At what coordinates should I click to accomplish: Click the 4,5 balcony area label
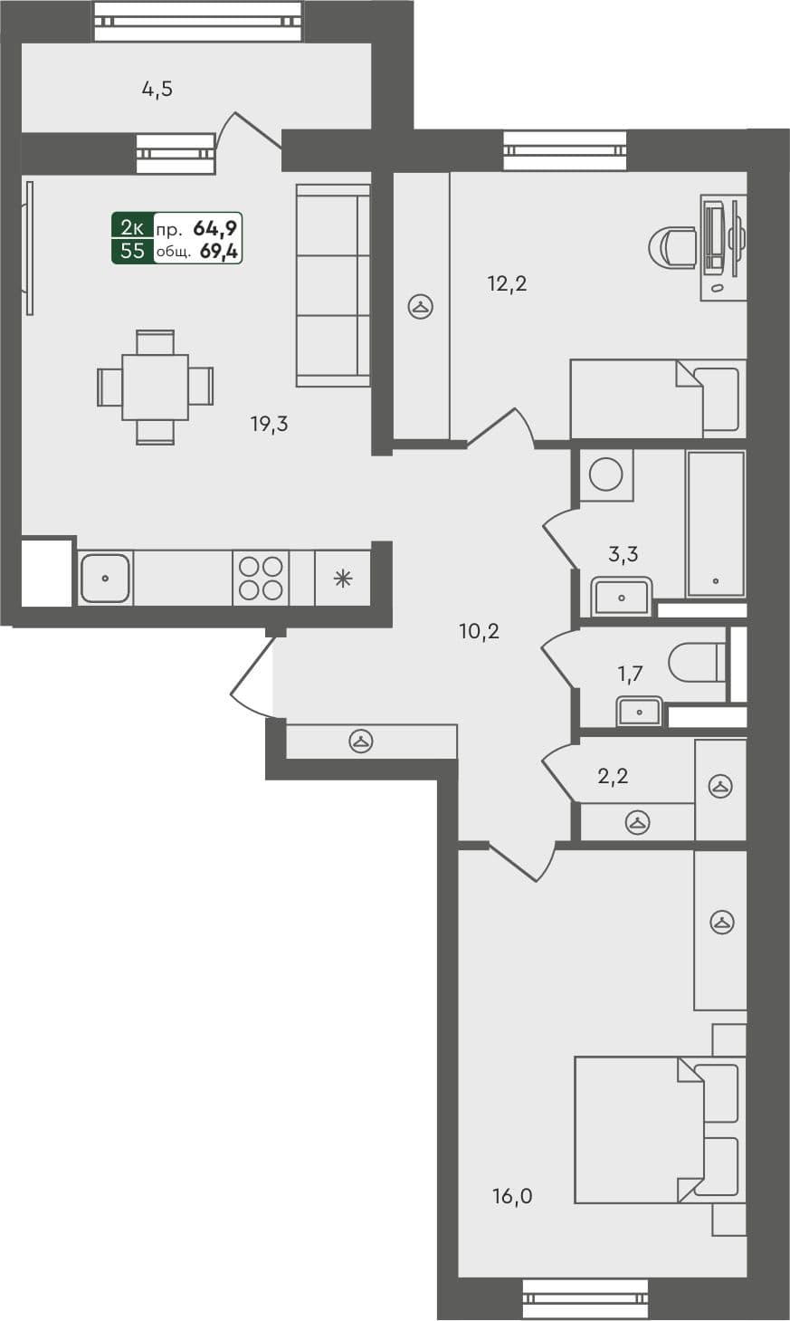[157, 89]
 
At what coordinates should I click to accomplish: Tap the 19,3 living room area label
[269, 423]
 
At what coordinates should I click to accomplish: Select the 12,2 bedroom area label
[507, 283]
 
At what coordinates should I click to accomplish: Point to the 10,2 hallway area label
[480, 631]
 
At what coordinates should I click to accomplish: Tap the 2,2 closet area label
[613, 775]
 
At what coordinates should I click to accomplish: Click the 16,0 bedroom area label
[512, 1196]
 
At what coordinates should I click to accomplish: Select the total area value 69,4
[219, 252]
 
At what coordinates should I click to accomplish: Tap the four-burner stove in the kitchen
[261, 579]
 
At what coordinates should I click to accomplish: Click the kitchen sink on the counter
[106, 578]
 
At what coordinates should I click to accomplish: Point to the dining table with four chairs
[155, 387]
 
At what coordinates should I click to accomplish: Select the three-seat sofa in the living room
[333, 285]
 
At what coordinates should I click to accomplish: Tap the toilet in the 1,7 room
[696, 663]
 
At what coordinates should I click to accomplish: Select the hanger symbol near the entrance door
[362, 742]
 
